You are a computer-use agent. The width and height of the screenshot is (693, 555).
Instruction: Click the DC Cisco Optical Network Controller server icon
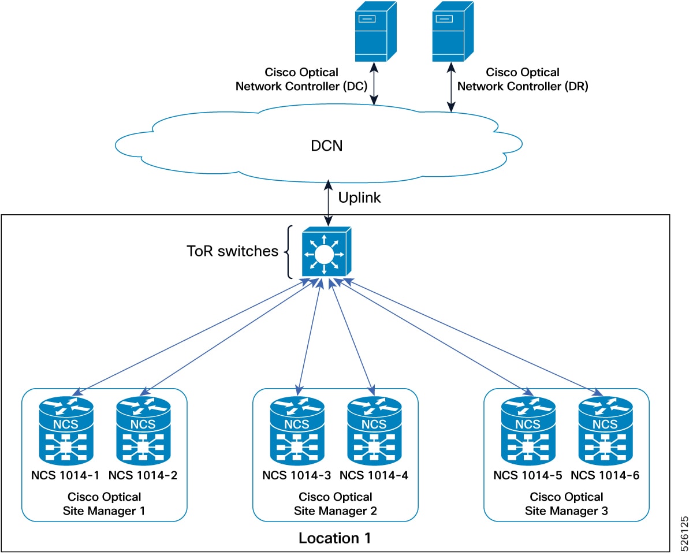point(375,32)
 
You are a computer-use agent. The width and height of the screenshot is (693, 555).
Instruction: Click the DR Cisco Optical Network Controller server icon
point(453,32)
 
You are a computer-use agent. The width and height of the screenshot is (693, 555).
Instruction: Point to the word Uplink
point(359,198)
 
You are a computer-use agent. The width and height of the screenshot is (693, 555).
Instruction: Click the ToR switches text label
point(232,251)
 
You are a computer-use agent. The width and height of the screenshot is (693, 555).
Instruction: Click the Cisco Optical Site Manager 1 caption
point(105,504)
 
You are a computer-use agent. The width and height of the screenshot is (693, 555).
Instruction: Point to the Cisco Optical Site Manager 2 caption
point(336,504)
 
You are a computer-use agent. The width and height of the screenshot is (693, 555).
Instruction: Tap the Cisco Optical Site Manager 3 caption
point(567,504)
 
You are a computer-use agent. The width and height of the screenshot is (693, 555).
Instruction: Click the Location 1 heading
point(334,538)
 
